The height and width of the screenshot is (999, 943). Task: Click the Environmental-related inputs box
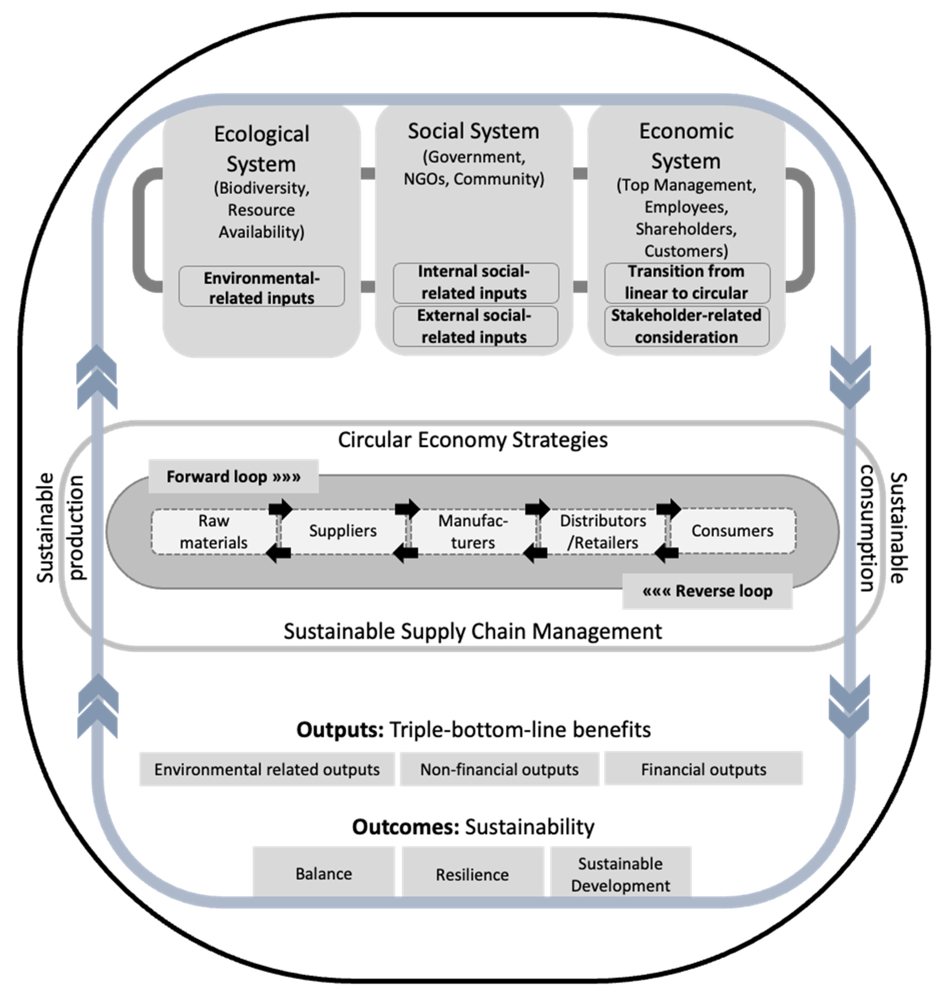(261, 287)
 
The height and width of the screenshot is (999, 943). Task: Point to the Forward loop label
(233, 476)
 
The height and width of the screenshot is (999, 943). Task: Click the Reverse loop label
(707, 591)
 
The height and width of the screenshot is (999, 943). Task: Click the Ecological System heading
(261, 149)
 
